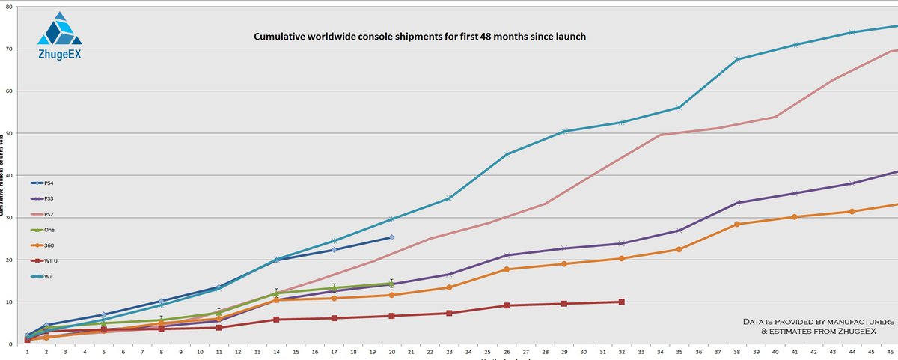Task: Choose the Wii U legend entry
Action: click(x=45, y=261)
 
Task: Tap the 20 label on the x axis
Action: click(x=391, y=352)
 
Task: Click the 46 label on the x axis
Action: click(x=891, y=352)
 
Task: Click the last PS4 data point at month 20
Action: click(x=391, y=237)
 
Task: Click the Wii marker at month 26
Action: click(x=507, y=154)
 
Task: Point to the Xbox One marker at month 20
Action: click(x=391, y=284)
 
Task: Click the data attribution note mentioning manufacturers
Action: click(x=809, y=326)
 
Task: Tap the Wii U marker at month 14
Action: click(x=276, y=320)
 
